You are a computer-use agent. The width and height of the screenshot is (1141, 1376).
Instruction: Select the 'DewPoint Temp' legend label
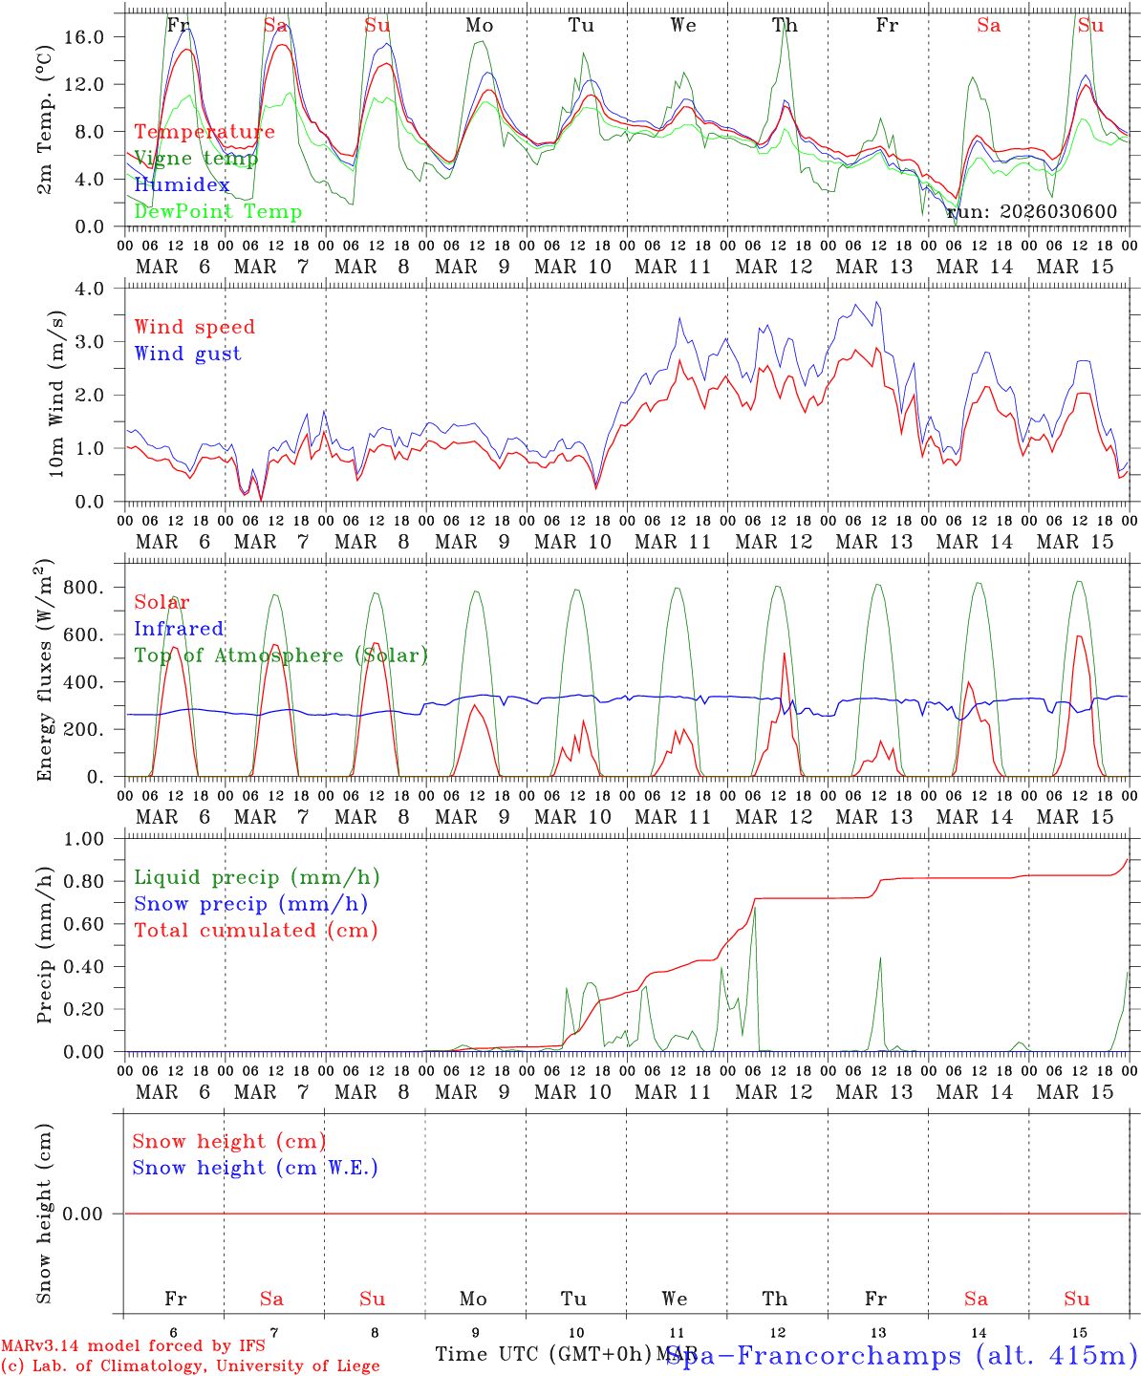point(218,212)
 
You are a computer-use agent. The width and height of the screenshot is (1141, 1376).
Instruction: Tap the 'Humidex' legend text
point(182,185)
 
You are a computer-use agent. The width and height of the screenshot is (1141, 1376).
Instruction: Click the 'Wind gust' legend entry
point(187,354)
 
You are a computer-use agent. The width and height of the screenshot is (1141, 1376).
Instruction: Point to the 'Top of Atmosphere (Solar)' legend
point(281,656)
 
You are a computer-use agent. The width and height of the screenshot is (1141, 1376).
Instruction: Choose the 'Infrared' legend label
point(179,629)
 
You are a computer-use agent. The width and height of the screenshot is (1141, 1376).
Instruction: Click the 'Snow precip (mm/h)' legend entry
point(250,904)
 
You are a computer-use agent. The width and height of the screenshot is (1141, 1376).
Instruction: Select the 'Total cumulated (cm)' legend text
point(256,931)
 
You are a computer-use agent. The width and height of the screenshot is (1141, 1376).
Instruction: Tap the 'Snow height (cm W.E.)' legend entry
point(255,1168)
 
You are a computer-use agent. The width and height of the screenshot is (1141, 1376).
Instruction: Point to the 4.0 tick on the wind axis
point(100,288)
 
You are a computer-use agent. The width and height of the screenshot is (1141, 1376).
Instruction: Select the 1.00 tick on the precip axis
point(96,839)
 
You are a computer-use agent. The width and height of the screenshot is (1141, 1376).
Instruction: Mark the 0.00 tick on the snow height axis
point(96,1214)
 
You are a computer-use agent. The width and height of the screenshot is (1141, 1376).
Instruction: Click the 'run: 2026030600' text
point(1031,212)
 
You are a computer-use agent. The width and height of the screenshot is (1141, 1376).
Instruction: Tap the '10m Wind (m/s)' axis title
point(55,395)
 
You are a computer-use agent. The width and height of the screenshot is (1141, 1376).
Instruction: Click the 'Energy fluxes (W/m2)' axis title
point(44,672)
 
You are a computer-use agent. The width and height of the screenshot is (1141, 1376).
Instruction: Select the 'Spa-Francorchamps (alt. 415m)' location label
point(901,1355)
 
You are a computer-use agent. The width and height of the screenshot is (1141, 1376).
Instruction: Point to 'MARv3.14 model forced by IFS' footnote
point(133,1346)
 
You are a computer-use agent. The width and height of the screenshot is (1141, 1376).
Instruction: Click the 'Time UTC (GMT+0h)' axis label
point(543,1354)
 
